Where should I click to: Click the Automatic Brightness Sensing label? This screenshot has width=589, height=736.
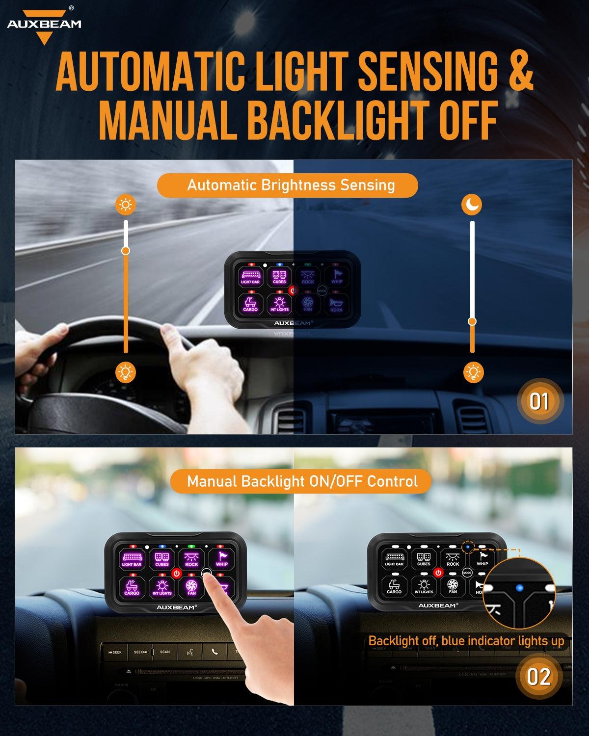(x=291, y=185)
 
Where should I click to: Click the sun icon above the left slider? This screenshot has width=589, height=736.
(x=126, y=205)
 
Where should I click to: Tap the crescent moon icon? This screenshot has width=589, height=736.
(x=472, y=205)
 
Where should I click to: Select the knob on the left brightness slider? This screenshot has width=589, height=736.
(x=126, y=251)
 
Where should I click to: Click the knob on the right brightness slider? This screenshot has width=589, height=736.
(x=472, y=321)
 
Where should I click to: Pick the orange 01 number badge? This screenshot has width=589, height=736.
(x=538, y=402)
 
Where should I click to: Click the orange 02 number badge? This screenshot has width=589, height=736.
(x=538, y=678)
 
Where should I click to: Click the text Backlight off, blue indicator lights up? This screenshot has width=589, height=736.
(x=466, y=641)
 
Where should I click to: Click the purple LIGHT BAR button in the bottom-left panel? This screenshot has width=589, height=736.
(x=132, y=559)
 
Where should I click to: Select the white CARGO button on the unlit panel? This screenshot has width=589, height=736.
(x=394, y=586)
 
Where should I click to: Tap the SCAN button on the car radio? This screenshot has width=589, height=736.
(x=165, y=652)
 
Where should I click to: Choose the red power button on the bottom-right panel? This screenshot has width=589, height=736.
(x=438, y=573)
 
